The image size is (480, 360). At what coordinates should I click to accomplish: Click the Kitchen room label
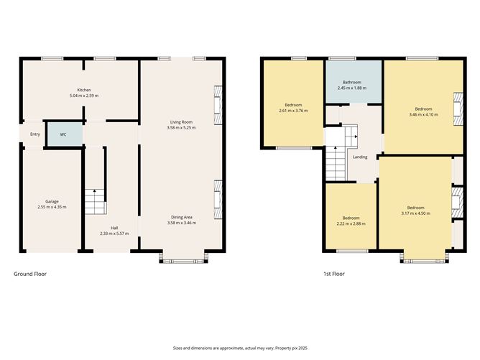point(83,90)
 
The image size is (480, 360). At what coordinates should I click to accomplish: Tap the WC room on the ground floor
point(63,134)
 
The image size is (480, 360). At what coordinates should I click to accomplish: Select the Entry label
point(35,134)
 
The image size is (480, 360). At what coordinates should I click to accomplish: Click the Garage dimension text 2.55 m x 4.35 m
point(51,207)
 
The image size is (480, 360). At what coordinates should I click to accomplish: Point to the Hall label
point(114,227)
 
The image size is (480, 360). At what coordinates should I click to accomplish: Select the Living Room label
point(180,122)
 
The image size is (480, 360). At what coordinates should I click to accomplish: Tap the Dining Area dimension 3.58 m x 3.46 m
point(181,223)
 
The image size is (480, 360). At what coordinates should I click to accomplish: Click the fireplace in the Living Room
point(218,100)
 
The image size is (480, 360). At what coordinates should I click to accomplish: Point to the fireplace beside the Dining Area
point(218,195)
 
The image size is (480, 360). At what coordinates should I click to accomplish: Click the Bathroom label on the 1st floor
point(351,82)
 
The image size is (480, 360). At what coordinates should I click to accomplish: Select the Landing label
point(360,157)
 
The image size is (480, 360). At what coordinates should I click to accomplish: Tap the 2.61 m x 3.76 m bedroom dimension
point(292,111)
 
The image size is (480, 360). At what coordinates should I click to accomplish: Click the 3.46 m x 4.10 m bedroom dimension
point(420,115)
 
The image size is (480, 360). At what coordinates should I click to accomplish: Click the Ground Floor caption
point(30,274)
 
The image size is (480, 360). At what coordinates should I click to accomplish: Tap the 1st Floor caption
point(334,274)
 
